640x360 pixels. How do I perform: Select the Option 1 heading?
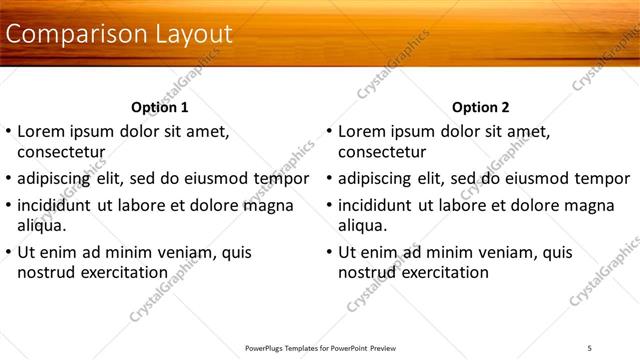point(160,107)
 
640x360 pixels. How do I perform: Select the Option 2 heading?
point(480,107)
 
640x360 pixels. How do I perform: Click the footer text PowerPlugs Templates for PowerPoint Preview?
point(320,348)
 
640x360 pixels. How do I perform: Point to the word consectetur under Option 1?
point(62,152)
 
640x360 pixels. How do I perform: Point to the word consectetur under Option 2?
point(382,152)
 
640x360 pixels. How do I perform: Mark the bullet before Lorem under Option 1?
point(9,131)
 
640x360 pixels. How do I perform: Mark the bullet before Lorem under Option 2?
point(329,131)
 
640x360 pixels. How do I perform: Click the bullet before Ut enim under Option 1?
point(9,252)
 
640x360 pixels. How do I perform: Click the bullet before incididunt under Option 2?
point(329,206)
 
